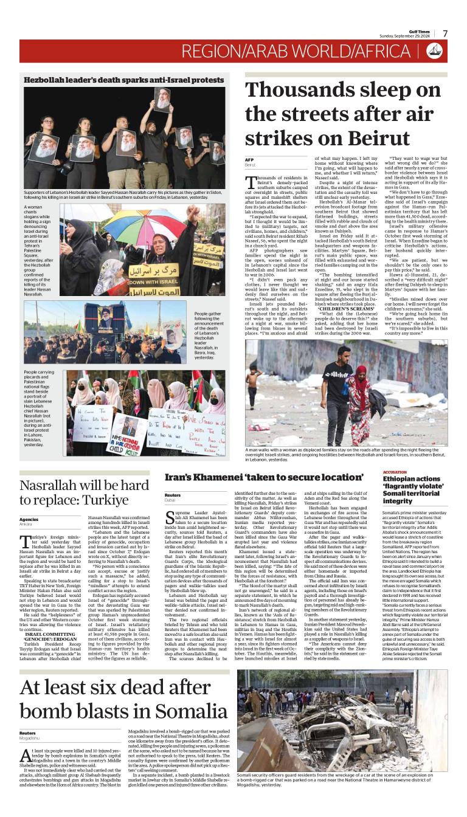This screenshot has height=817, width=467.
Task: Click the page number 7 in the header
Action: click(x=445, y=33)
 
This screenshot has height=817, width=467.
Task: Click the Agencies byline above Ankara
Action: click(x=29, y=519)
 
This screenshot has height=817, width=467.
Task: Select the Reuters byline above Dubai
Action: click(x=173, y=495)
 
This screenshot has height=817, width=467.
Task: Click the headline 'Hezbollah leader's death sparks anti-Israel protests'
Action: click(x=123, y=80)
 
